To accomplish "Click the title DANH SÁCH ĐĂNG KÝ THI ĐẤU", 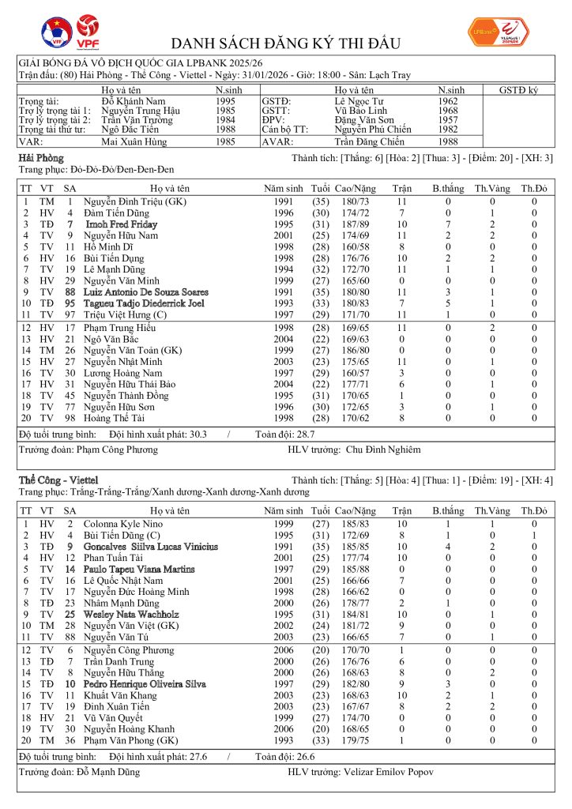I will coord(286,43).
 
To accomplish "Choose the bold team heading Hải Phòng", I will coord(40,158).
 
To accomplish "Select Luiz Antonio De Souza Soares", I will coord(146,292).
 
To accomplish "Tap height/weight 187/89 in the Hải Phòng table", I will coord(354,224).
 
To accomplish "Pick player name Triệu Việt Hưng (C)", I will coord(122,314).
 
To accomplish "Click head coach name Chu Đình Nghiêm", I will coord(383,450).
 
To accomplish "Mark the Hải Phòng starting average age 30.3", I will coord(194,434).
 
